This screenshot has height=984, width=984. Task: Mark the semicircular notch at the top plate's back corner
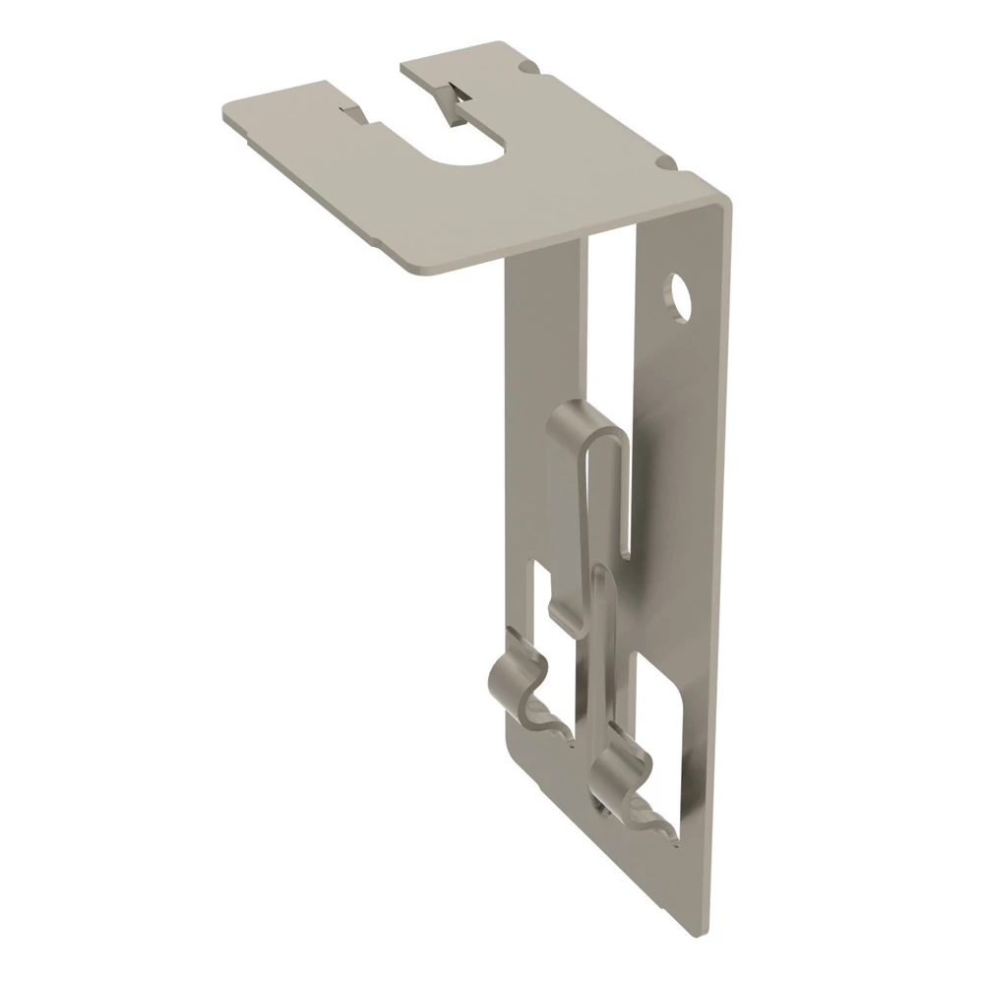click(531, 66)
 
